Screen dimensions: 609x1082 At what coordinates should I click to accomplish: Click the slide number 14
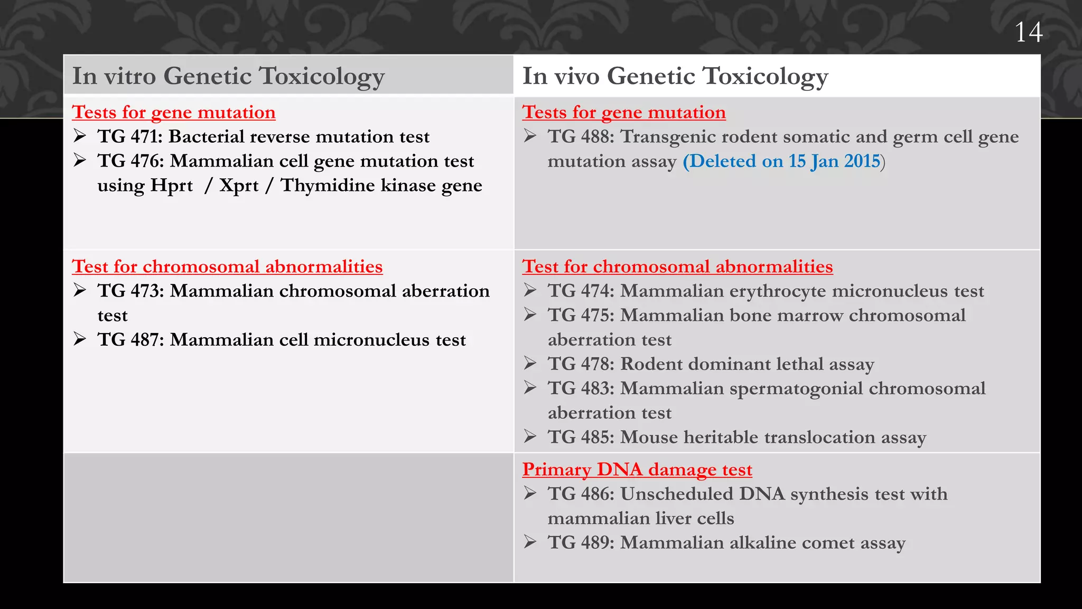(1028, 33)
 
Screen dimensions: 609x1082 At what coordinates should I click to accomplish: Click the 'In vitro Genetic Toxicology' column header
(228, 76)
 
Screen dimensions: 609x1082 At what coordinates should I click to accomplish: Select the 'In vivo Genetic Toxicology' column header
(675, 76)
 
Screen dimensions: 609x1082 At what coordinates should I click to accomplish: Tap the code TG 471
(130, 137)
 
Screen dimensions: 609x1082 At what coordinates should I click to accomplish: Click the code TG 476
(130, 161)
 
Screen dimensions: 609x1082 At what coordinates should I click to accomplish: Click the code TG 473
(130, 291)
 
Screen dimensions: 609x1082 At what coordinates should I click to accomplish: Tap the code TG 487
(130, 340)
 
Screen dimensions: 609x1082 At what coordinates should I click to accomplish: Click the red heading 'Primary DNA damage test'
(637, 469)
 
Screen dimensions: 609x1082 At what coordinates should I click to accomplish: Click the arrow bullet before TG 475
(530, 315)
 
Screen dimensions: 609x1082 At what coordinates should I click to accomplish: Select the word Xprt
(239, 186)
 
